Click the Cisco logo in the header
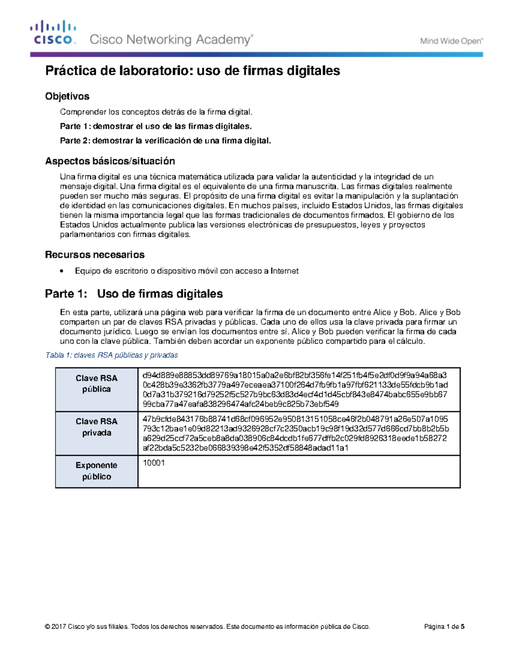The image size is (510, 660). click(x=53, y=33)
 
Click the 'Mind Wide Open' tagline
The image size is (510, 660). click(x=451, y=41)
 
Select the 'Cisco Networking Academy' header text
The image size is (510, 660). click(x=171, y=40)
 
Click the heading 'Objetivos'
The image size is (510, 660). click(x=67, y=96)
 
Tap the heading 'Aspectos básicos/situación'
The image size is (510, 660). click(x=110, y=161)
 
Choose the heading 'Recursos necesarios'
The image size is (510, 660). click(x=95, y=255)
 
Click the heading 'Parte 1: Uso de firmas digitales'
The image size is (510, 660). click(x=134, y=294)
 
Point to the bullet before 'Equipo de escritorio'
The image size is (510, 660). click(x=62, y=271)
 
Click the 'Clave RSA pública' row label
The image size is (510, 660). click(x=96, y=384)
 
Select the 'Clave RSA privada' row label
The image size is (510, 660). click(x=96, y=427)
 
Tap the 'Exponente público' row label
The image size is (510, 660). click(x=96, y=471)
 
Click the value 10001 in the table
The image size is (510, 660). click(x=153, y=463)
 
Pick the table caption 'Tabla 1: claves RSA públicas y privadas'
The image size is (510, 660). click(x=111, y=355)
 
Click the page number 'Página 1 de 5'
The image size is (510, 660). click(x=444, y=627)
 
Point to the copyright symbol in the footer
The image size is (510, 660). click(x=47, y=627)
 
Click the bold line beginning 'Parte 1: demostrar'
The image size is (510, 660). click(x=156, y=126)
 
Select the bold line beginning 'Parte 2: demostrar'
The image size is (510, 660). click(x=165, y=141)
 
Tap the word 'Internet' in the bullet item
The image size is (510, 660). click(x=285, y=271)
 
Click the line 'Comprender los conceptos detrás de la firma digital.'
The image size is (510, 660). click(x=156, y=112)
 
